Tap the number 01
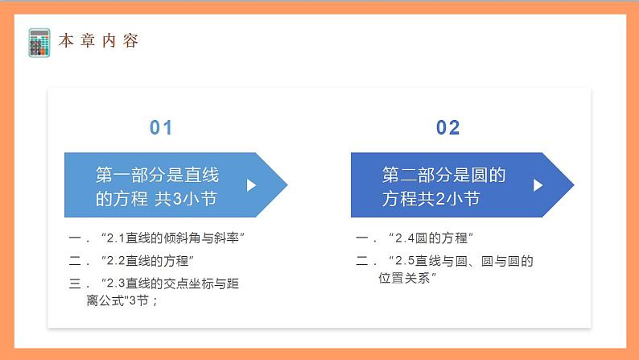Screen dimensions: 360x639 [x=162, y=127]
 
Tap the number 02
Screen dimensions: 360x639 [x=448, y=127]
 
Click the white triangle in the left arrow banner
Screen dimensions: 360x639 [x=251, y=185]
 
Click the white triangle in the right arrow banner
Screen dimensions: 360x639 [x=538, y=185]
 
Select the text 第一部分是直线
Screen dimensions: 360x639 [x=158, y=175]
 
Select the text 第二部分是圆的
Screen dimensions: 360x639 [x=443, y=175]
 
